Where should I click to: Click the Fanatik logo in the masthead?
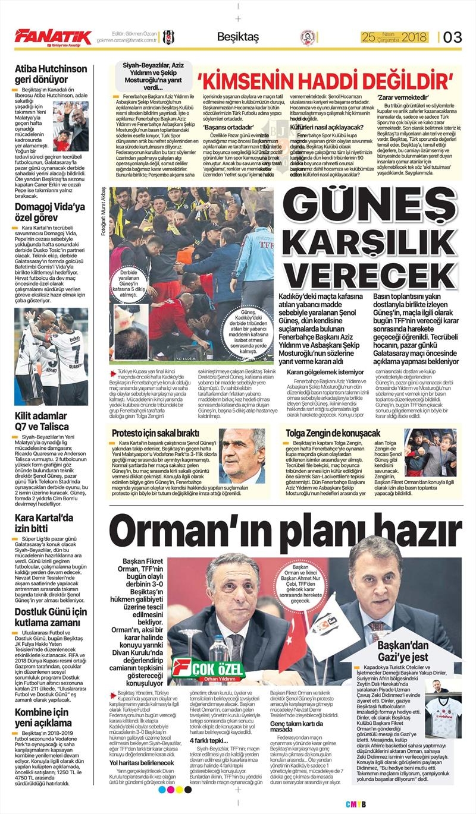pyautogui.click(x=53, y=37)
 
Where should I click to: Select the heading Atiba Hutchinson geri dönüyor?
pyautogui.click(x=51, y=74)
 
